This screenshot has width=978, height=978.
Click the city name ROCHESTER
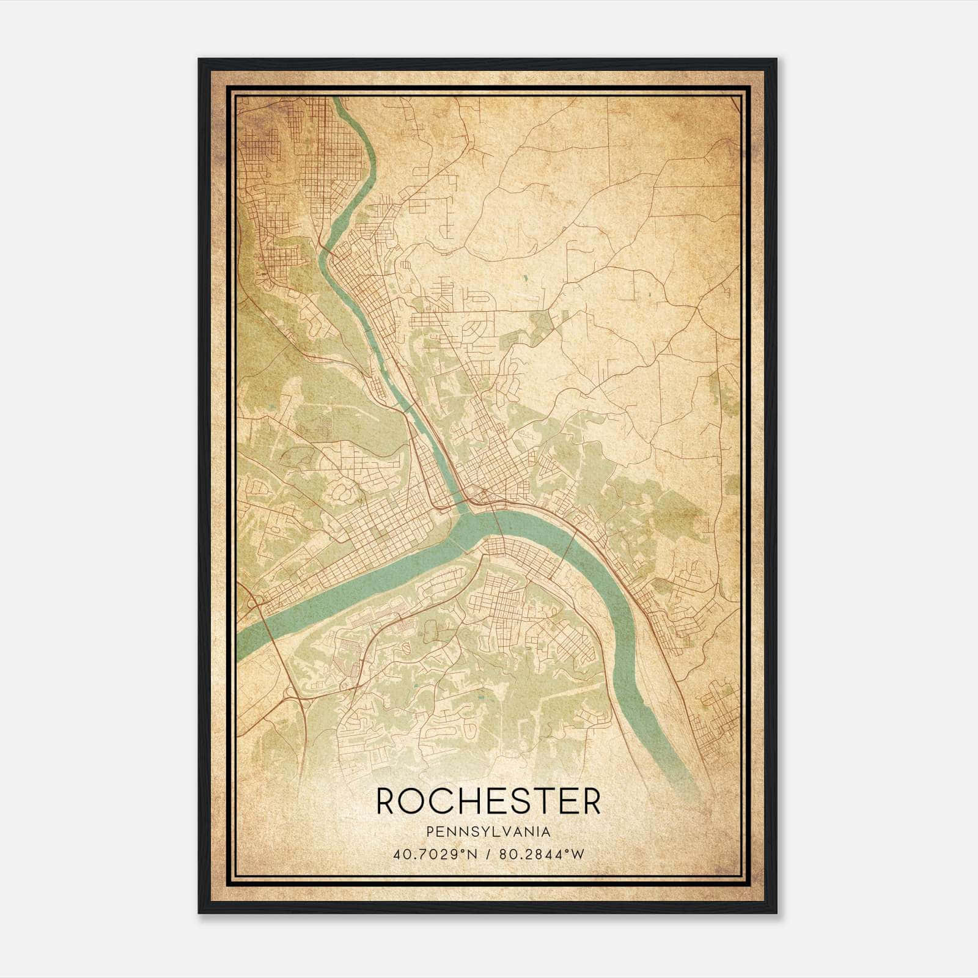(488, 801)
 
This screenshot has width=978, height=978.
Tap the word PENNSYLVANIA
(488, 832)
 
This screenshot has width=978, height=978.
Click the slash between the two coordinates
(488, 855)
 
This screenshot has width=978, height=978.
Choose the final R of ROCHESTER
(590, 801)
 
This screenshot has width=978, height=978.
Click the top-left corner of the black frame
(199, 59)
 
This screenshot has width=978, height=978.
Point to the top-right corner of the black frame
(776, 59)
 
